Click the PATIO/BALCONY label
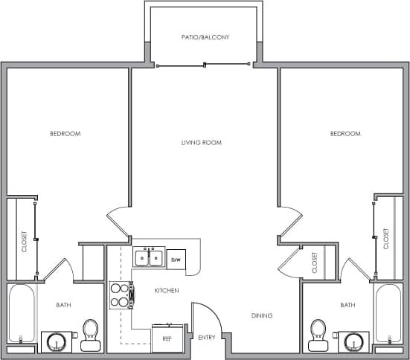coord(205,36)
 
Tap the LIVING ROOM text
coord(202,142)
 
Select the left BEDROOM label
coord(65,134)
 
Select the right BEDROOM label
coord(345,134)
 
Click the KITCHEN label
coord(166,290)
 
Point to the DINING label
coord(261,315)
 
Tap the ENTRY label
coord(206,338)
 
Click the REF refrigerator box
coord(167,338)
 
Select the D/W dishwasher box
coord(176,260)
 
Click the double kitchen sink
coord(149,258)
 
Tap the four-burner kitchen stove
coord(120,295)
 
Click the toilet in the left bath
coord(91,334)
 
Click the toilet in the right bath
coord(319,334)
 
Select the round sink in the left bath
coord(55,342)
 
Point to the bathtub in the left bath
coord(22,312)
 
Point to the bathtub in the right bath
coord(388,312)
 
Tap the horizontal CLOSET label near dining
coord(315,263)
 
